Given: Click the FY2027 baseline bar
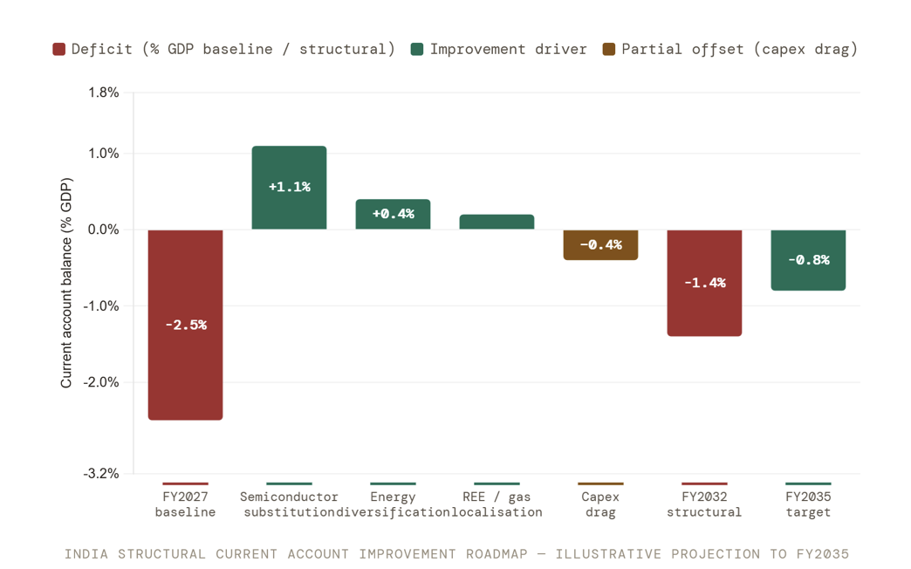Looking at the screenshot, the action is pyautogui.click(x=185, y=325).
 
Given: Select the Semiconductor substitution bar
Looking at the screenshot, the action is pyautogui.click(x=290, y=187).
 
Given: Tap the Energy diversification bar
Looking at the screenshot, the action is pyautogui.click(x=393, y=214).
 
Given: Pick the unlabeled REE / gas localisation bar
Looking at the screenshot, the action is pyautogui.click(x=497, y=222).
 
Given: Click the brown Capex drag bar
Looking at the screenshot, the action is pyautogui.click(x=600, y=244).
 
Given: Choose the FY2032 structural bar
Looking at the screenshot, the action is pyautogui.click(x=704, y=283).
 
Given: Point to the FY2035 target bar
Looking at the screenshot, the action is pyautogui.click(x=808, y=260).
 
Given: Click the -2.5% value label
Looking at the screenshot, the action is pyautogui.click(x=186, y=325).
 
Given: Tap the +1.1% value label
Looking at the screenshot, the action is pyautogui.click(x=290, y=187).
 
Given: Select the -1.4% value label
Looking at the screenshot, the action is pyautogui.click(x=705, y=283).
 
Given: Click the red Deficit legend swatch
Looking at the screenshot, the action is pyautogui.click(x=58, y=50).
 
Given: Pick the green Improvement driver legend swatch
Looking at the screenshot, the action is pyautogui.click(x=416, y=50).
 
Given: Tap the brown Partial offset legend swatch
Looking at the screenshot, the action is pyautogui.click(x=609, y=50).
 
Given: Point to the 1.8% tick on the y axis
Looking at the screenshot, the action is pyautogui.click(x=104, y=93).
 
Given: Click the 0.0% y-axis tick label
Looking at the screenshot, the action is pyautogui.click(x=104, y=230).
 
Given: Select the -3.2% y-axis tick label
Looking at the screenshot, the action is pyautogui.click(x=101, y=474).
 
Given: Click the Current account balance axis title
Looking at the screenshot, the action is pyautogui.click(x=66, y=283).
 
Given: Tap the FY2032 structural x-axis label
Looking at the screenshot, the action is pyautogui.click(x=704, y=504).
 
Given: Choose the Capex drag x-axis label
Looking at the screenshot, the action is pyautogui.click(x=600, y=504).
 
